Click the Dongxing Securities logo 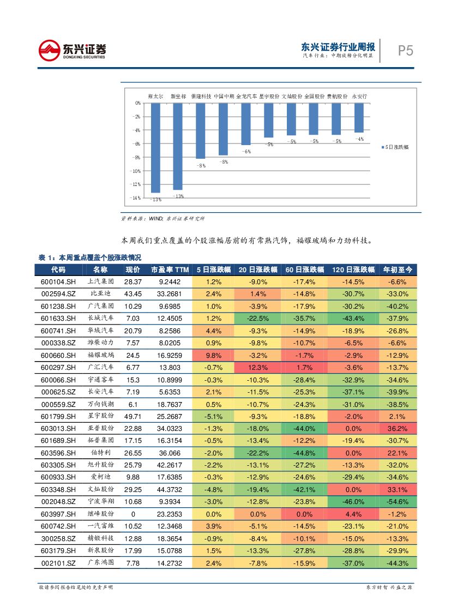72,51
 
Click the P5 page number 405,51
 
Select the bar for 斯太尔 155,147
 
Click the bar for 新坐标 178,146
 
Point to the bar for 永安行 358,117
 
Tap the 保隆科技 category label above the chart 201,96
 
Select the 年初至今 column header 398,269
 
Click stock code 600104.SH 58,281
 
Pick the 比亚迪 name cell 100,294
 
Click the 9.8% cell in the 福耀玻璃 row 214,355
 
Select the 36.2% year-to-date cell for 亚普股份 398,428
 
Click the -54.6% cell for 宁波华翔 398,501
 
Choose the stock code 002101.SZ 58,562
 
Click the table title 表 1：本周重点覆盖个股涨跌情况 90,257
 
